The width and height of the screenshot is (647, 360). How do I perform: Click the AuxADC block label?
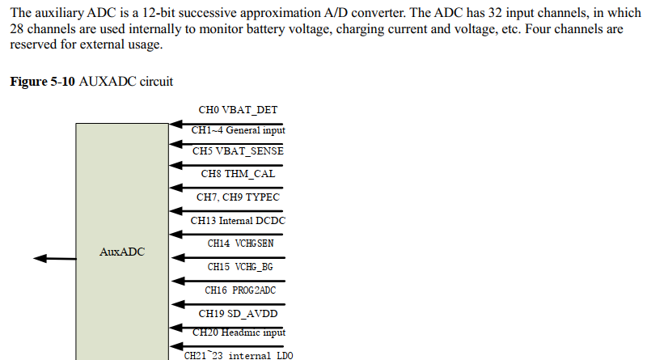tap(122, 252)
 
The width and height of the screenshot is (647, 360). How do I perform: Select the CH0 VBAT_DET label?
tap(238, 109)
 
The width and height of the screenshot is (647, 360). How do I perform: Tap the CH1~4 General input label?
tap(238, 130)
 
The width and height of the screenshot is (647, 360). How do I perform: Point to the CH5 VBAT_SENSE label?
tap(238, 151)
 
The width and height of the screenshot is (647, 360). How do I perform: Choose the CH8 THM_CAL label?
tap(238, 173)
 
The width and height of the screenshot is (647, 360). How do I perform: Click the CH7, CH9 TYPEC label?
tap(238, 197)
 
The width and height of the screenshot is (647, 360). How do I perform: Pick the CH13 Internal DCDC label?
tap(238, 220)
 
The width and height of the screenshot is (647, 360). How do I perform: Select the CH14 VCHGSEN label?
tap(238, 244)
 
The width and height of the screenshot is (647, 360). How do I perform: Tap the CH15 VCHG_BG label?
tap(238, 267)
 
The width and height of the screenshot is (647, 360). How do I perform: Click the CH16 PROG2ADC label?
tap(238, 290)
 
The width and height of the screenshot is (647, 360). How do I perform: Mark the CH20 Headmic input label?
tap(238, 332)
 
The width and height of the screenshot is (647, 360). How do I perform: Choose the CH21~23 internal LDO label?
tap(238, 355)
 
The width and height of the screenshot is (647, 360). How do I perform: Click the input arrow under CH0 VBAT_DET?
tap(226, 125)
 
